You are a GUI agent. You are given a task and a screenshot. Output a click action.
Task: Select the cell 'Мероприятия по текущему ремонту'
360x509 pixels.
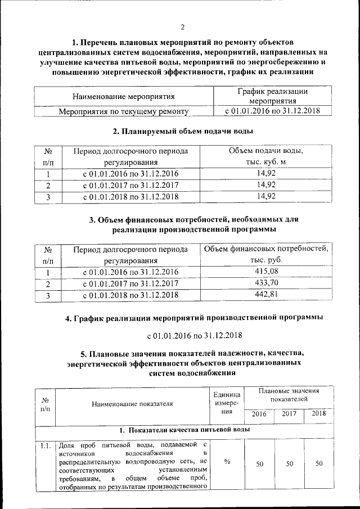tap(124, 111)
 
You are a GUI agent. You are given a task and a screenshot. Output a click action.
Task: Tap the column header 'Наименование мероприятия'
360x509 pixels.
tap(123, 97)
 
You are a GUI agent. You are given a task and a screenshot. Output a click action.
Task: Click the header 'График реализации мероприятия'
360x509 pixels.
tap(273, 96)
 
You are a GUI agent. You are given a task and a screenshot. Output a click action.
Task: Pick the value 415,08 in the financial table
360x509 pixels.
tap(266, 272)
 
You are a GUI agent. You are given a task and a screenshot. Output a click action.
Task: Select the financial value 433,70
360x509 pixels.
tap(266, 283)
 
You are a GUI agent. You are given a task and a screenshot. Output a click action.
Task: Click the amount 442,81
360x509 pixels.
tap(266, 294)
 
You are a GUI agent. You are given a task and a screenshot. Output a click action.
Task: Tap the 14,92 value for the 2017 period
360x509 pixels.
tap(266, 185)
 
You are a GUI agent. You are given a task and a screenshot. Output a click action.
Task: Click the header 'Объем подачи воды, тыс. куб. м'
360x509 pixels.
tap(266, 156)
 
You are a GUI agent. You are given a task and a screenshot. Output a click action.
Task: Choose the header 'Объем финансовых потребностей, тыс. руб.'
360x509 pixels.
tap(266, 255)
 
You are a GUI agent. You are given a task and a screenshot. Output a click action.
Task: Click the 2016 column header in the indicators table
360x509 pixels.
tap(259, 413)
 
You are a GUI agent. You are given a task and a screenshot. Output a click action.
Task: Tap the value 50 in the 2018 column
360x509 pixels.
tap(319, 463)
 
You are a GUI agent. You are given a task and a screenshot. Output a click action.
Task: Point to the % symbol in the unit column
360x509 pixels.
tap(227, 462)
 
